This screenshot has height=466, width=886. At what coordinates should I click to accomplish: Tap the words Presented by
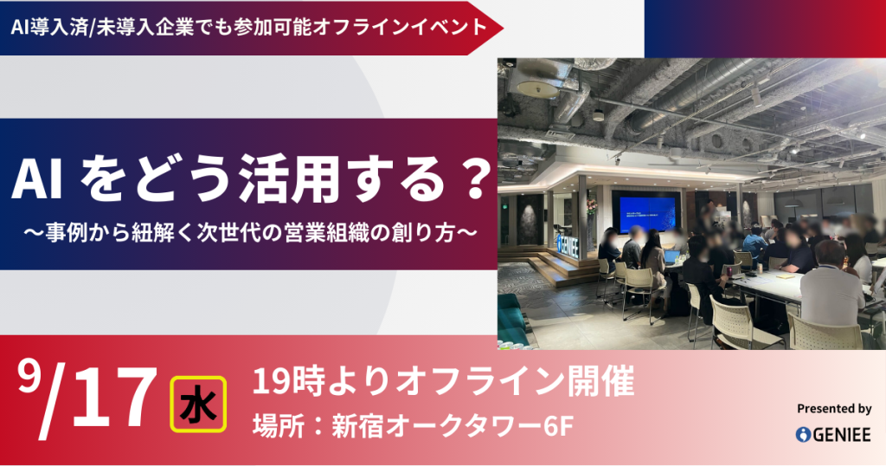click(x=834, y=409)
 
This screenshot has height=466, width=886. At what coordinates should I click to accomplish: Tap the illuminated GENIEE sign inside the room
click(x=572, y=243)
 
